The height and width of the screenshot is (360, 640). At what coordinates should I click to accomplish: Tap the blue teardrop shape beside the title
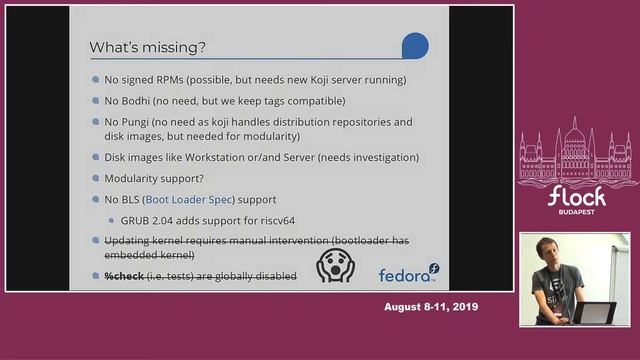pyautogui.click(x=414, y=47)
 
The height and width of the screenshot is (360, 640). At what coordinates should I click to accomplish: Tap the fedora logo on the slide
pyautogui.click(x=408, y=273)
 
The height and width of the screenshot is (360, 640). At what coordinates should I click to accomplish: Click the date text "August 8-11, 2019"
pyautogui.click(x=431, y=307)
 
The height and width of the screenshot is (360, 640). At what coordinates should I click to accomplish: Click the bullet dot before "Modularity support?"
pyautogui.click(x=96, y=179)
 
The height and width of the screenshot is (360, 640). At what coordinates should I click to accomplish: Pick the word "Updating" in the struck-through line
pyautogui.click(x=128, y=241)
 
